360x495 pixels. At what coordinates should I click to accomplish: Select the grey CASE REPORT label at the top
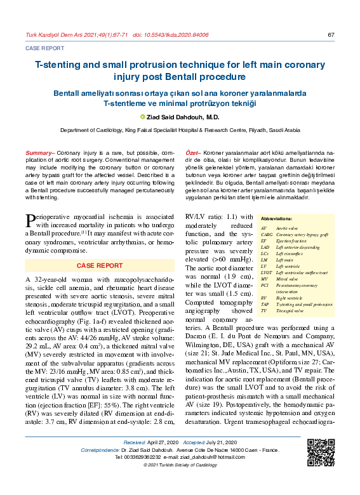coord(44,48)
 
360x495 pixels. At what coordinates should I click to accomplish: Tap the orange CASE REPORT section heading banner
coord(100,265)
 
